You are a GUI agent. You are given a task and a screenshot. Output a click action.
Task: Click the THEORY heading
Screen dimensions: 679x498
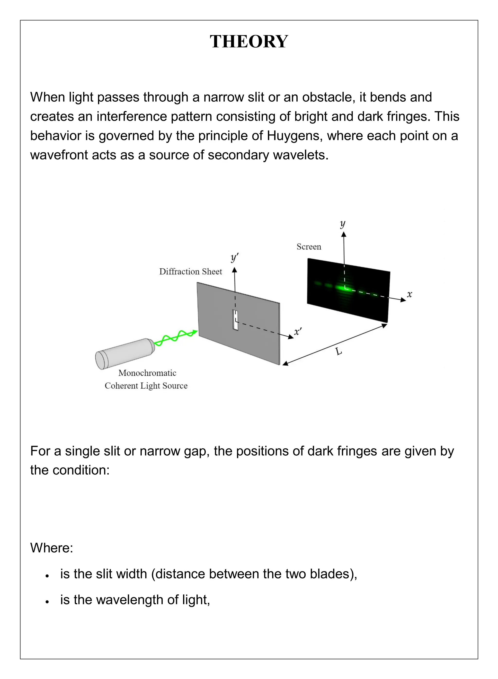(249, 41)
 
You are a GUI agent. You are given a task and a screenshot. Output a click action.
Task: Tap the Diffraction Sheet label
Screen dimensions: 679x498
(190, 272)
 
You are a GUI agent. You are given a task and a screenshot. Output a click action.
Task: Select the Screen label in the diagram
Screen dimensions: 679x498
(309, 247)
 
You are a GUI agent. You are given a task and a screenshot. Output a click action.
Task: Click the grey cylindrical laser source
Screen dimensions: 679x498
(124, 353)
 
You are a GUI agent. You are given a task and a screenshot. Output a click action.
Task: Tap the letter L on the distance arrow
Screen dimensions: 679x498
(339, 351)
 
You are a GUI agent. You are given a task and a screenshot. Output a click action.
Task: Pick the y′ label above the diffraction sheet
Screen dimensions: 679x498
(234, 258)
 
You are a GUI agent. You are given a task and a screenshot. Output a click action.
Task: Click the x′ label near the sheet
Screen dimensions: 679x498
(298, 332)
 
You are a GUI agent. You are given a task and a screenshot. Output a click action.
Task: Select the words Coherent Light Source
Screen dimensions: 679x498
(146, 386)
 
